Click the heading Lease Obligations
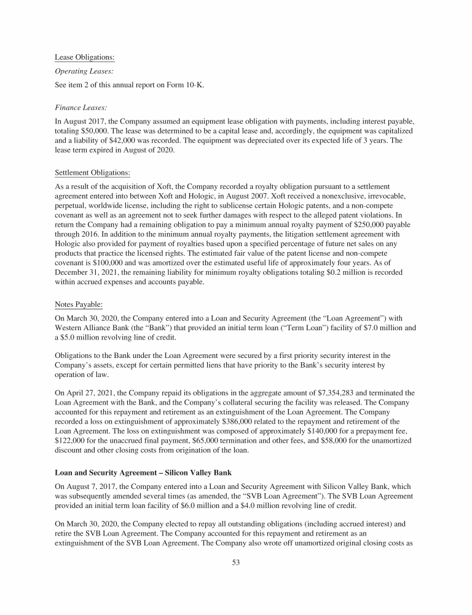point(85,58)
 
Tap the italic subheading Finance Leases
point(81,107)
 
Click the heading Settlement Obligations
point(92,172)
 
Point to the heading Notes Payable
point(79,304)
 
